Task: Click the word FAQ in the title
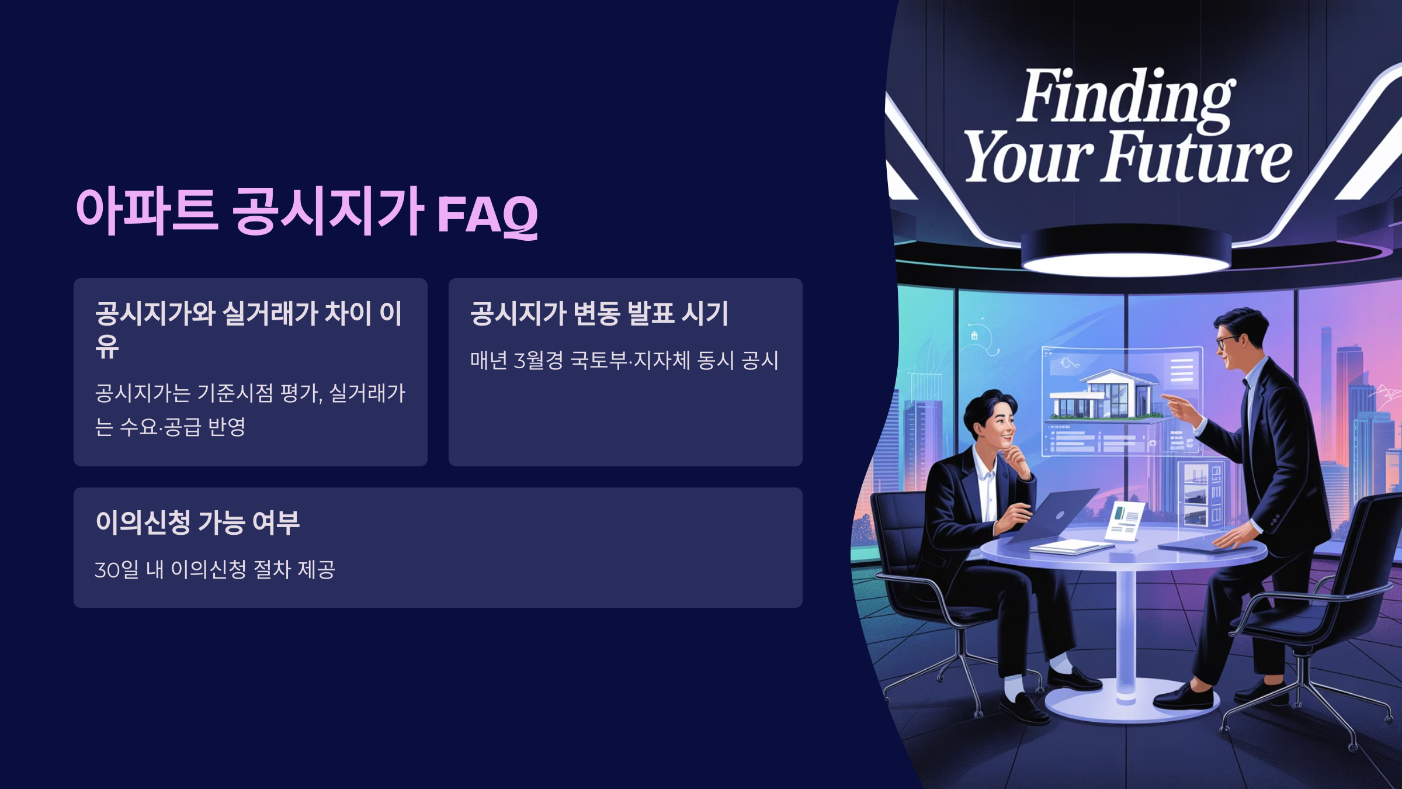[488, 215]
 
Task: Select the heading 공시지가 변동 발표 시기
[599, 313]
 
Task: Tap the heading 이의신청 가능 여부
[197, 522]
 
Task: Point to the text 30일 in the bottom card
[117, 569]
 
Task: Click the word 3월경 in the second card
[538, 360]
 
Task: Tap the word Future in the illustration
[1198, 157]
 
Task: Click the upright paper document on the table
[1125, 520]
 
